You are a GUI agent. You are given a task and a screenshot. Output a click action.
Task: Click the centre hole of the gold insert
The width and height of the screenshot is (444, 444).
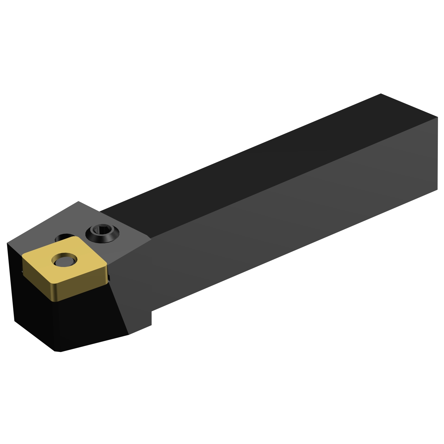(x=64, y=260)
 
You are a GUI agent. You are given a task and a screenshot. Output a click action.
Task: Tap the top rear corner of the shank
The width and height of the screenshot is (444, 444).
(x=381, y=94)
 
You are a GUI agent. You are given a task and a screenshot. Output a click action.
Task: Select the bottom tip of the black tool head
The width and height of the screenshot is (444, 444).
(x=58, y=351)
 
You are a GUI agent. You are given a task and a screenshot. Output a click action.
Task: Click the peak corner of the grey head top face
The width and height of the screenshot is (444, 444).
(x=78, y=202)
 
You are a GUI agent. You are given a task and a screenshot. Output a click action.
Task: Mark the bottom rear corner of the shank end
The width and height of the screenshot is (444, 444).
(x=437, y=189)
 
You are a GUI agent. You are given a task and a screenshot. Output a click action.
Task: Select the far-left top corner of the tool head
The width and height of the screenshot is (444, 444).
(x=7, y=244)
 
